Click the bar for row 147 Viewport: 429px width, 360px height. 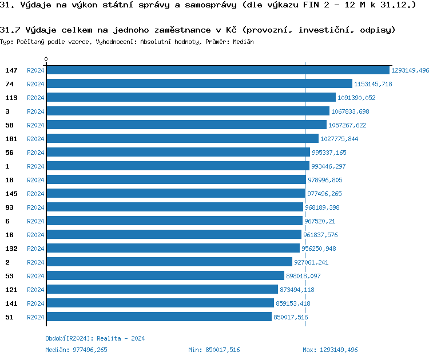pyautogui.click(x=217, y=70)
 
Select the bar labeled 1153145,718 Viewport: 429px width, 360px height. pyautogui.click(x=199, y=84)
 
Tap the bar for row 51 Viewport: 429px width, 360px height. pyautogui.click(x=158, y=317)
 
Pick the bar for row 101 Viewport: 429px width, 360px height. pyautogui.click(x=182, y=139)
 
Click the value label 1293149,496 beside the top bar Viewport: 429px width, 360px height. pyautogui.click(x=410, y=70)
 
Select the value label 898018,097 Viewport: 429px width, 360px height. pyautogui.click(x=303, y=276)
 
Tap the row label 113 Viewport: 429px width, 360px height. pyautogui.click(x=11, y=98)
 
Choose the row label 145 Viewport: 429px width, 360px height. pyautogui.click(x=11, y=194)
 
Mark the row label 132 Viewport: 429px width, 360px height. pyautogui.click(x=11, y=249)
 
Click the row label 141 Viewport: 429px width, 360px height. pyautogui.click(x=11, y=303)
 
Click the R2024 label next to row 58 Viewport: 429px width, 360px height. pyautogui.click(x=35, y=125)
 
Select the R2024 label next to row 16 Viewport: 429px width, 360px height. pyautogui.click(x=35, y=235)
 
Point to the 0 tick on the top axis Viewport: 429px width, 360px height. pyautogui.click(x=46, y=59)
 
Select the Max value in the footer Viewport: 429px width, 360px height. pyautogui.click(x=338, y=350)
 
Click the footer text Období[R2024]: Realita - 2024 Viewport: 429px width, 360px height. pyautogui.click(x=95, y=338)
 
